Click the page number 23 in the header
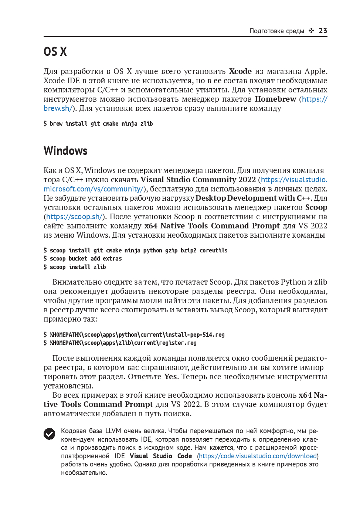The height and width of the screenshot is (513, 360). pos(323,31)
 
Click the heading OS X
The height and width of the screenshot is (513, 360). pos(55,52)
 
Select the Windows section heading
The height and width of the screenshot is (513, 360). pos(65,151)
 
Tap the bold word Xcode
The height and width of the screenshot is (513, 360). pos(240,71)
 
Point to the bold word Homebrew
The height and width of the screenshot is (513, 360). pos(275,99)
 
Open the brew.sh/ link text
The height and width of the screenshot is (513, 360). pos(58,108)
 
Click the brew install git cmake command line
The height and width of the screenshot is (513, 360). pos(98,123)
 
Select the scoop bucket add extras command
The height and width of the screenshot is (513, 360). pos(82,259)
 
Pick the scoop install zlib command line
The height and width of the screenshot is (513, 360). pos(75,267)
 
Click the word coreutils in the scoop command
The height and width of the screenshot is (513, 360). pos(213,250)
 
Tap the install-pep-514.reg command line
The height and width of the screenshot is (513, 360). pos(134,334)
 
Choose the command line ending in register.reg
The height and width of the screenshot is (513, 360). pos(120,343)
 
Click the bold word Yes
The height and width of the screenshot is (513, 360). pos(171,377)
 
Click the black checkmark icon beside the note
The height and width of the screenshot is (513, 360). pos(50,434)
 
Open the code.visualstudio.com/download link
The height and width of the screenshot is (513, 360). pos(258,456)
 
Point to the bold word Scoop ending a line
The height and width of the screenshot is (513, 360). pos(316,207)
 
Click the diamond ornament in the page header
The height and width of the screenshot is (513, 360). pos(312,31)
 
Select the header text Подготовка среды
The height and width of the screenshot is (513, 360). pos(276,31)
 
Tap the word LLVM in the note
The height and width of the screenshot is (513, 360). pos(113,431)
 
